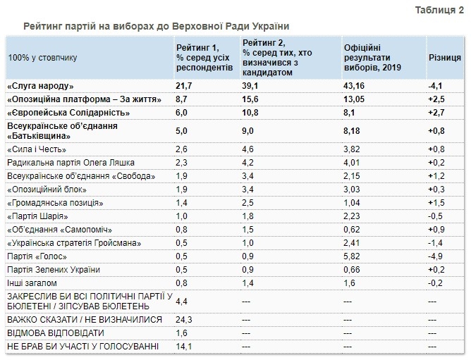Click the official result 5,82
pyautogui.click(x=354, y=256)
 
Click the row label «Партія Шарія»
pyautogui.click(x=41, y=216)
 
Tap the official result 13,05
pyautogui.click(x=357, y=99)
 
